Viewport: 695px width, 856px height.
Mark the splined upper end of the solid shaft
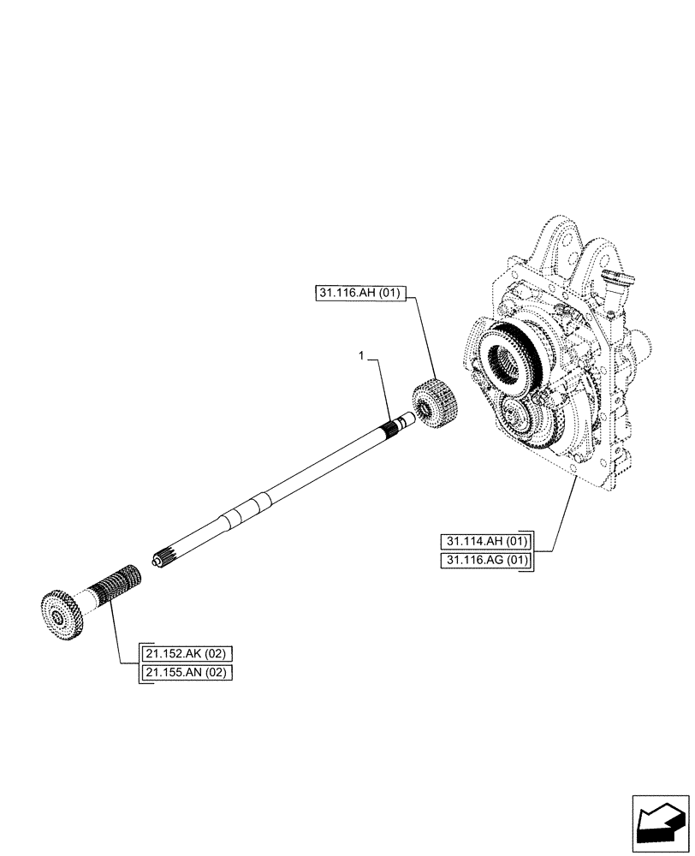(399, 424)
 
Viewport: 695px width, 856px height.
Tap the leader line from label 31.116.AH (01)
(425, 342)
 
